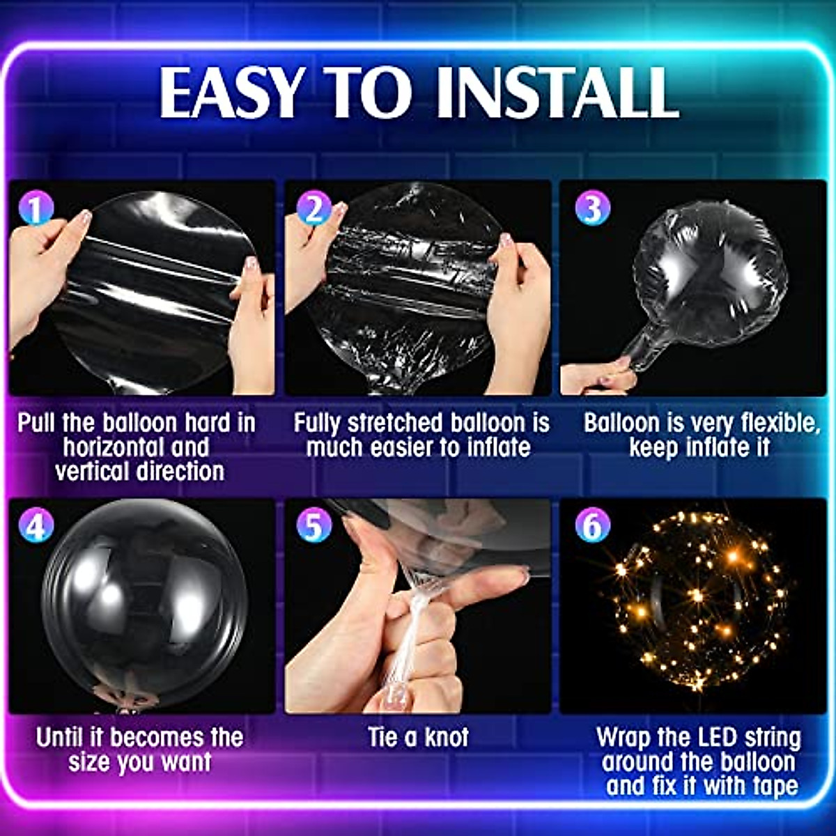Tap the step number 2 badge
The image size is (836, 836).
(x=313, y=208)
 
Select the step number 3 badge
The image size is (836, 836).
(x=592, y=208)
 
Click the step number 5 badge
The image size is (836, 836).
(x=313, y=527)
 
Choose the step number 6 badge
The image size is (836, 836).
(x=592, y=527)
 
